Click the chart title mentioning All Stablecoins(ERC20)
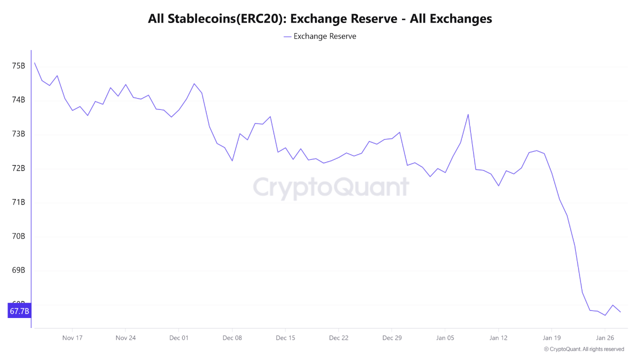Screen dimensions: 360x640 pos(320,18)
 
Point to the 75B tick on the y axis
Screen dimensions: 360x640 pos(18,66)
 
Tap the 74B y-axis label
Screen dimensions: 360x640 pos(18,100)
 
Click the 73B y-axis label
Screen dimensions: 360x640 pos(18,134)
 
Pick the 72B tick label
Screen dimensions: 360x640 pos(18,168)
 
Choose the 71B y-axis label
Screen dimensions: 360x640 pos(18,202)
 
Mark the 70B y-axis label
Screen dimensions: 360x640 pos(18,236)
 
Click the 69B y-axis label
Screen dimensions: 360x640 pos(18,270)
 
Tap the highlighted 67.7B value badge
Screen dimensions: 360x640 pos(19,311)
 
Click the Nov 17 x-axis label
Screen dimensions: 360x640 pos(72,337)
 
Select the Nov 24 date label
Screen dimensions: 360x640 pos(125,337)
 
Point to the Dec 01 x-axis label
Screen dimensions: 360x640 pos(178,337)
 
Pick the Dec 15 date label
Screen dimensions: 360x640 pos(285,337)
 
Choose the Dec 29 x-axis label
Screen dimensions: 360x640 pos(391,337)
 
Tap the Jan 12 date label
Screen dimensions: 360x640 pos(498,337)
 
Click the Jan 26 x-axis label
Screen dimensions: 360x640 pos(605,337)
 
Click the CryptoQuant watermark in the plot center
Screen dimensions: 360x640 pos(330,187)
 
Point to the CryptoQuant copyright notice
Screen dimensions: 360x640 pos(583,349)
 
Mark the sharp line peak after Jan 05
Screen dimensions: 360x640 pos(468,114)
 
